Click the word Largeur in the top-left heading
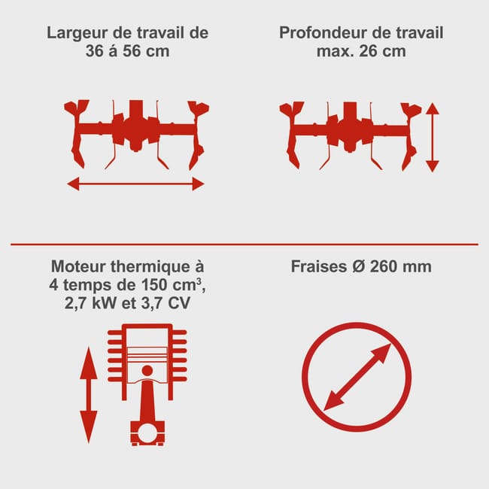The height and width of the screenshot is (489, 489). [77, 33]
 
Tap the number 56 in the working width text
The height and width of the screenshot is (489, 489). [132, 51]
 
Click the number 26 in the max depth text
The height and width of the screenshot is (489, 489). [369, 51]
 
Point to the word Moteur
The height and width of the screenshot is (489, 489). [78, 266]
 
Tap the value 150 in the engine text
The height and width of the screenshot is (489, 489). [153, 284]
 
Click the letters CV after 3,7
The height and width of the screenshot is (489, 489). [178, 303]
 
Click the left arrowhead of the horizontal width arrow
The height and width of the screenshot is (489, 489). [73, 184]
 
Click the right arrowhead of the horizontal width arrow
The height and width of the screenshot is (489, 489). [199, 184]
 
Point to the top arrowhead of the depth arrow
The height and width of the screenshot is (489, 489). [433, 108]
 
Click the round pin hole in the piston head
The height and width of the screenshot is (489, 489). [147, 370]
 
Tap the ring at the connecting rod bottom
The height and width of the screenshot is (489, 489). [147, 433]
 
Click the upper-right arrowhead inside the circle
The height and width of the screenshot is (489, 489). [383, 352]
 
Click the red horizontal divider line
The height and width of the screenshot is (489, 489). [244, 244]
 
